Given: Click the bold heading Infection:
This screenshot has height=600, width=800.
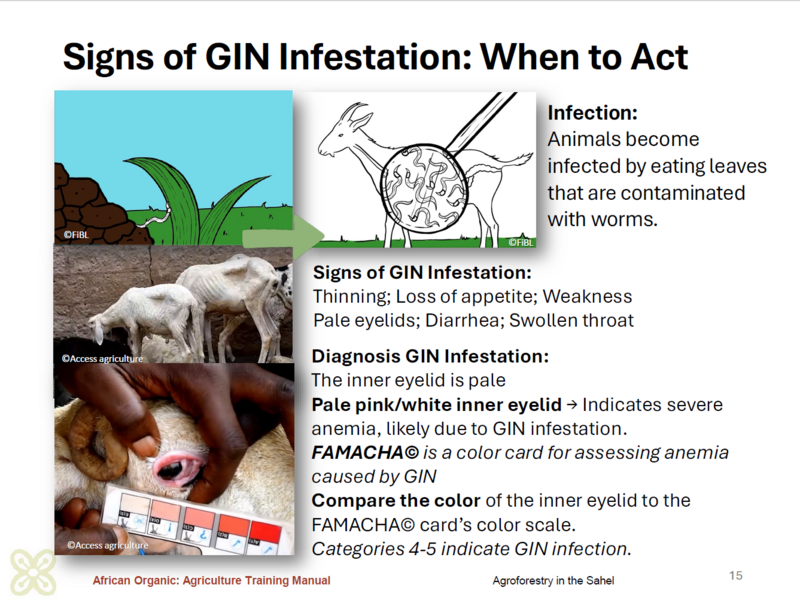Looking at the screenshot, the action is (x=592, y=113).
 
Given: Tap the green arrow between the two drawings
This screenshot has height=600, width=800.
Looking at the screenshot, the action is (x=284, y=237).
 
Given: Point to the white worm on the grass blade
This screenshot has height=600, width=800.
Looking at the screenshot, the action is (x=157, y=215).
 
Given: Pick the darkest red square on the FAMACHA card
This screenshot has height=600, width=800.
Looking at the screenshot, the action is (x=265, y=534).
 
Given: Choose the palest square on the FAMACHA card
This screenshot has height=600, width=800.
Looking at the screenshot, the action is (x=134, y=507).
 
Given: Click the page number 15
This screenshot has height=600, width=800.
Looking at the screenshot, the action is (x=736, y=576).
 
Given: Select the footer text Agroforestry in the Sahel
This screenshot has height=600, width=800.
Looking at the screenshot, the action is (x=553, y=581).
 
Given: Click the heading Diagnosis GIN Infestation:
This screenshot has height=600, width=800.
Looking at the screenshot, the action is (x=430, y=356).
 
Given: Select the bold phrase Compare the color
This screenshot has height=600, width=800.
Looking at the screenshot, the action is (x=396, y=501).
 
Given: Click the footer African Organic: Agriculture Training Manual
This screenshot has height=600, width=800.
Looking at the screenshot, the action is (x=211, y=581).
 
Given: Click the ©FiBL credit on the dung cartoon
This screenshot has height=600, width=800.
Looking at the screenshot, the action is (x=76, y=235).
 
